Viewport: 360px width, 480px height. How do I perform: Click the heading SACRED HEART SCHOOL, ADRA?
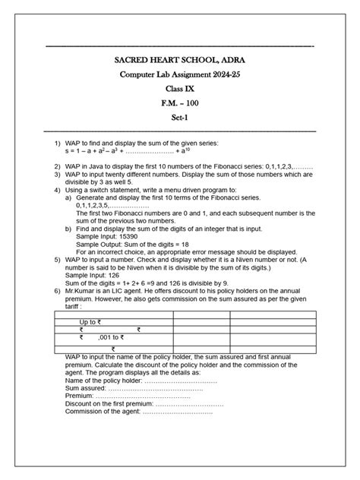pos(180,59)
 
